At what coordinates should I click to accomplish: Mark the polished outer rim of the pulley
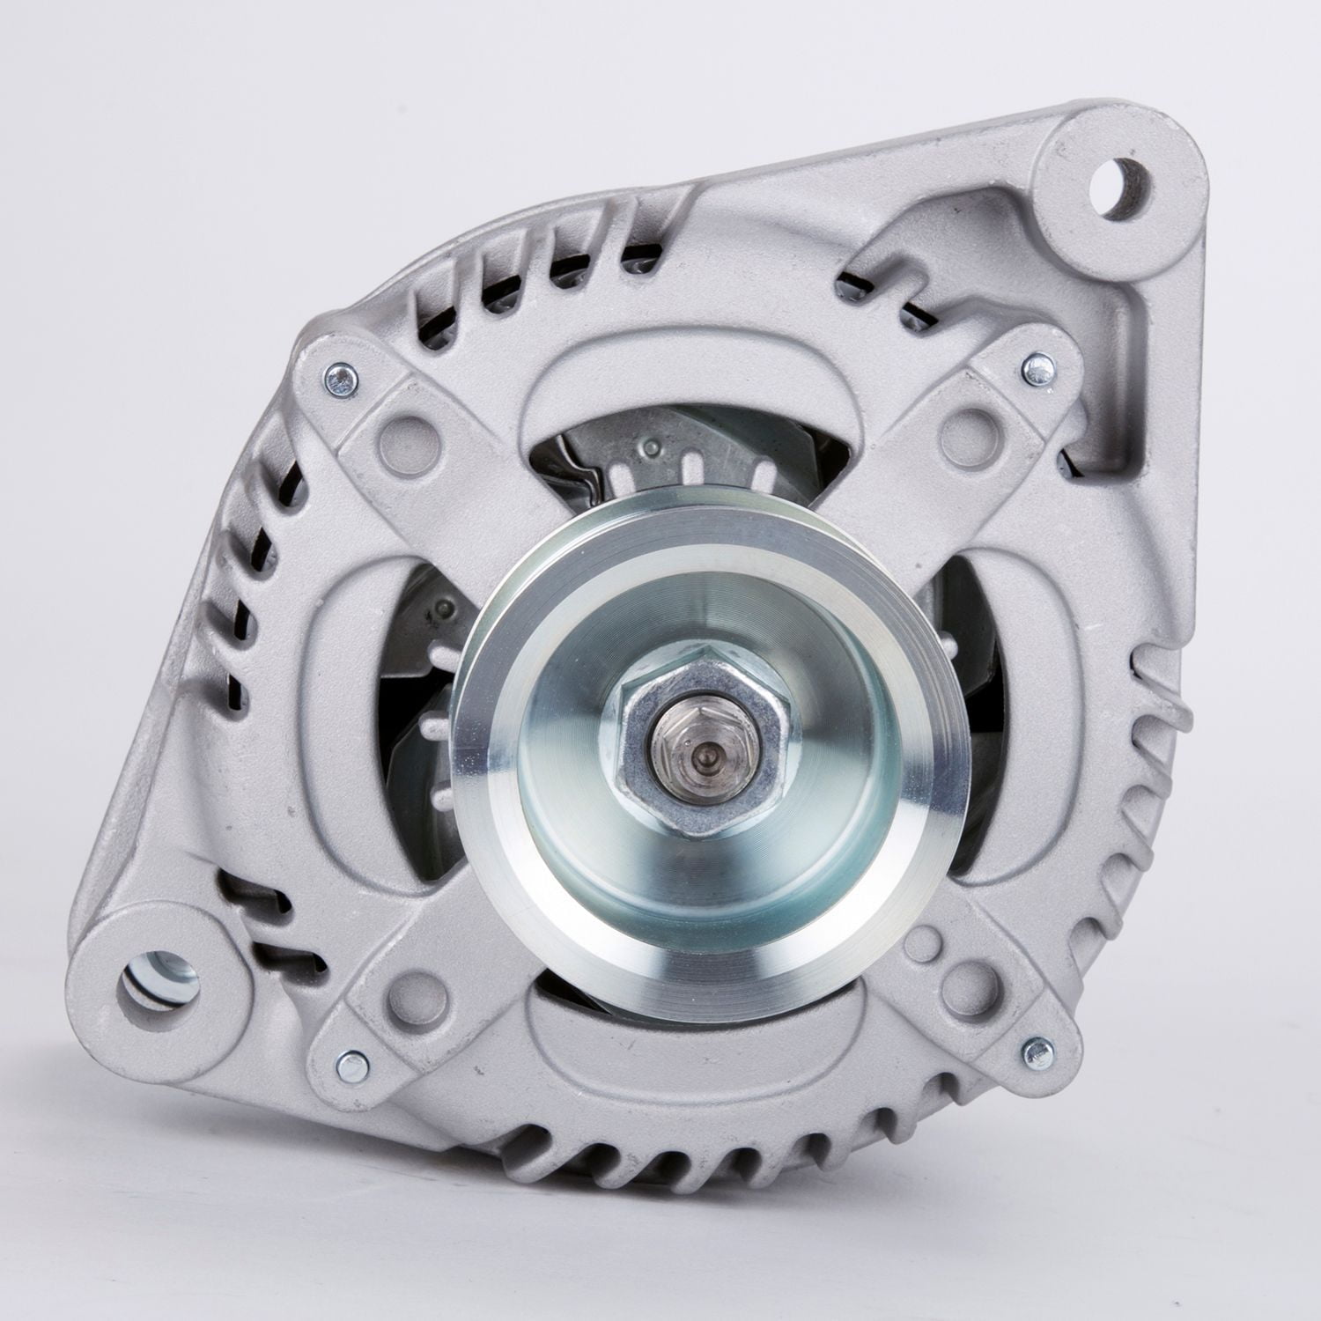(493, 757)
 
